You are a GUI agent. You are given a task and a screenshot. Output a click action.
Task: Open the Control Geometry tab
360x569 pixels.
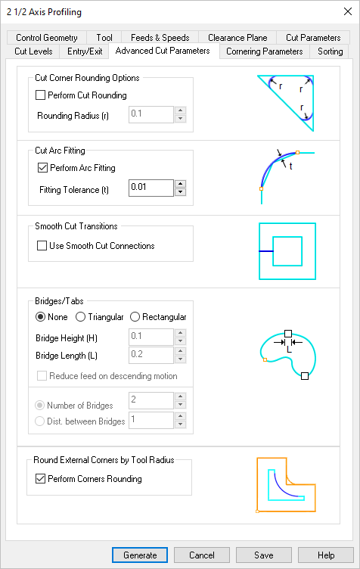click(x=47, y=37)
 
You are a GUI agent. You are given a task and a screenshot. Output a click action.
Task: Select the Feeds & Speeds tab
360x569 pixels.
click(x=160, y=37)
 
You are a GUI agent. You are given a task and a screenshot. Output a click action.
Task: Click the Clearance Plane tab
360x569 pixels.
click(x=237, y=37)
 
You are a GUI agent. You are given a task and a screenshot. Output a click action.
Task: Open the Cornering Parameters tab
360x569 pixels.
click(x=265, y=51)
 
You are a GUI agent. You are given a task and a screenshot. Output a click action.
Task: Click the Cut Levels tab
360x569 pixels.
click(x=34, y=51)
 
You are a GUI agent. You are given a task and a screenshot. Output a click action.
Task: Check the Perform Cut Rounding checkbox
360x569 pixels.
click(x=41, y=95)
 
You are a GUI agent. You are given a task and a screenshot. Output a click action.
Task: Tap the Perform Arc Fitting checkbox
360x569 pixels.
click(x=42, y=167)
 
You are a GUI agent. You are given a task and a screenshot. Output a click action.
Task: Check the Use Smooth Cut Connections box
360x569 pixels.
click(x=42, y=245)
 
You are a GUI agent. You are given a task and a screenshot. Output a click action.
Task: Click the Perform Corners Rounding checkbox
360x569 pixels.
click(x=41, y=478)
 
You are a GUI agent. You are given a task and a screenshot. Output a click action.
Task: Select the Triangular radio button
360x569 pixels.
click(x=80, y=316)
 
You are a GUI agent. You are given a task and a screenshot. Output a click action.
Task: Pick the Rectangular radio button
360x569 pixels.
click(x=135, y=316)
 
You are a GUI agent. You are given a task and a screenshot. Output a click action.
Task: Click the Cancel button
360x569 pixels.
click(x=202, y=555)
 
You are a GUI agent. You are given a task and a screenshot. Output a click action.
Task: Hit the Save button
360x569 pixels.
click(x=264, y=555)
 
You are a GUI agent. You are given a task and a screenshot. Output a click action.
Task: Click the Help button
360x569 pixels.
click(x=326, y=555)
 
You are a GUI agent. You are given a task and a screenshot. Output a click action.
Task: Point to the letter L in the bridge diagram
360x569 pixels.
click(x=287, y=350)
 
